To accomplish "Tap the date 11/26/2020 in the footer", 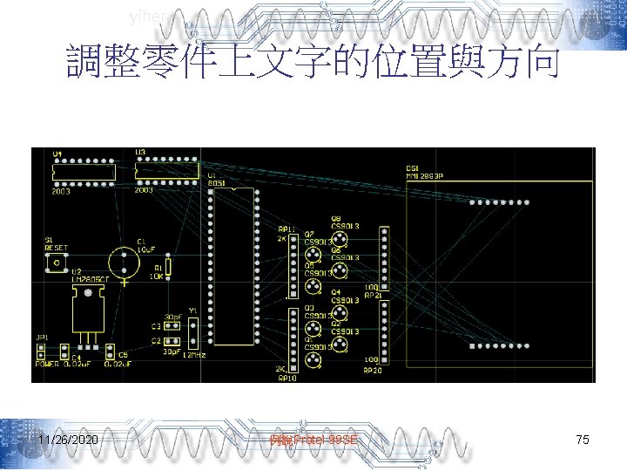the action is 68,440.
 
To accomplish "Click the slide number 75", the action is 583,440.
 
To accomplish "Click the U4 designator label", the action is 57,154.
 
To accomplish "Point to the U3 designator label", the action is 140,153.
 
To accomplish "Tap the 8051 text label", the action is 215,183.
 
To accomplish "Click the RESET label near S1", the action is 57,247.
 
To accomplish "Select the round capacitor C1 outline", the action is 125,263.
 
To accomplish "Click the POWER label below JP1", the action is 47,363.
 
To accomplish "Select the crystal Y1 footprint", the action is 193,332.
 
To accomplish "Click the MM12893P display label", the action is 425,175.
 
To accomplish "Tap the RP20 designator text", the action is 372,370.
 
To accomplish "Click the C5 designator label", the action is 123,355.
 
